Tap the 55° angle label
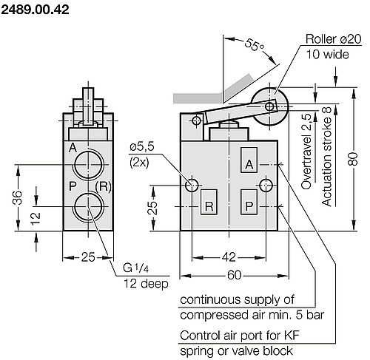click(x=255, y=47)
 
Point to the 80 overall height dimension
click(x=354, y=157)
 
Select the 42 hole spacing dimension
click(x=229, y=257)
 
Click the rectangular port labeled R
click(x=209, y=206)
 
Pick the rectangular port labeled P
click(x=249, y=206)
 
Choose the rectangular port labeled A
click(x=249, y=163)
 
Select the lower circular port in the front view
click(x=90, y=206)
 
